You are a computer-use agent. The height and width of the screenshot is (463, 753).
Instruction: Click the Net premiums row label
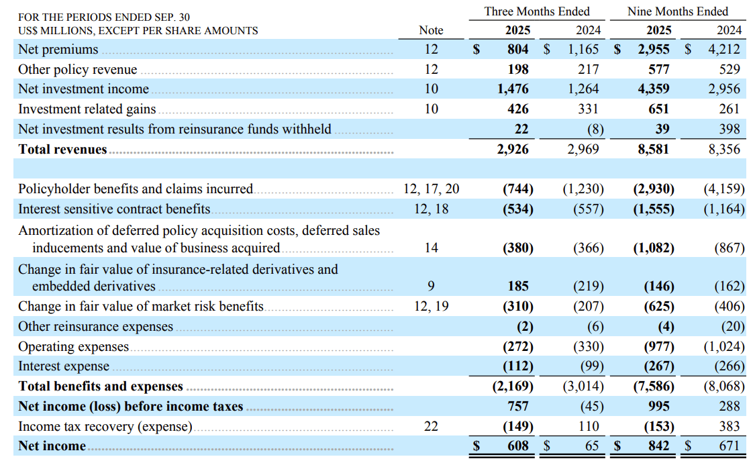(58, 50)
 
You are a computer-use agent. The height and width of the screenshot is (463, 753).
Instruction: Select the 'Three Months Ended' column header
(537, 11)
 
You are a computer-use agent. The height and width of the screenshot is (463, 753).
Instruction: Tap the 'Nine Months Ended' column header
(677, 11)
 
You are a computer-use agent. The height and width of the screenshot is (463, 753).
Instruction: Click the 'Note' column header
(431, 30)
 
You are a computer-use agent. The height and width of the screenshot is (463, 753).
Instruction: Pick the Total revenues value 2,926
(513, 149)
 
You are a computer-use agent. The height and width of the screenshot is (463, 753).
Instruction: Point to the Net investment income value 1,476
(513, 89)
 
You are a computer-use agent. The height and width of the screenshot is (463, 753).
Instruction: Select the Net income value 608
(517, 446)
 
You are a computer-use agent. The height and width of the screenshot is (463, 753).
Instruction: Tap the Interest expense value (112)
(517, 366)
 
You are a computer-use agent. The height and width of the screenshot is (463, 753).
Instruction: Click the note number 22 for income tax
(431, 426)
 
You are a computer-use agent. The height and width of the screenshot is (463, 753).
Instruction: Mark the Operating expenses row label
(73, 347)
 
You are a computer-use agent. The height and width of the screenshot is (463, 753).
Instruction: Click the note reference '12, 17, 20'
(431, 189)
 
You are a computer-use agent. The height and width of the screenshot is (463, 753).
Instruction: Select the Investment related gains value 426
(517, 109)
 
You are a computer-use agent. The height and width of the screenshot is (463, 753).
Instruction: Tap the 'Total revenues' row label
(62, 149)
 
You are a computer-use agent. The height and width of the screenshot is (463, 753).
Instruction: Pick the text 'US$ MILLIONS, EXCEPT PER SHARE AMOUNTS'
(138, 30)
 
